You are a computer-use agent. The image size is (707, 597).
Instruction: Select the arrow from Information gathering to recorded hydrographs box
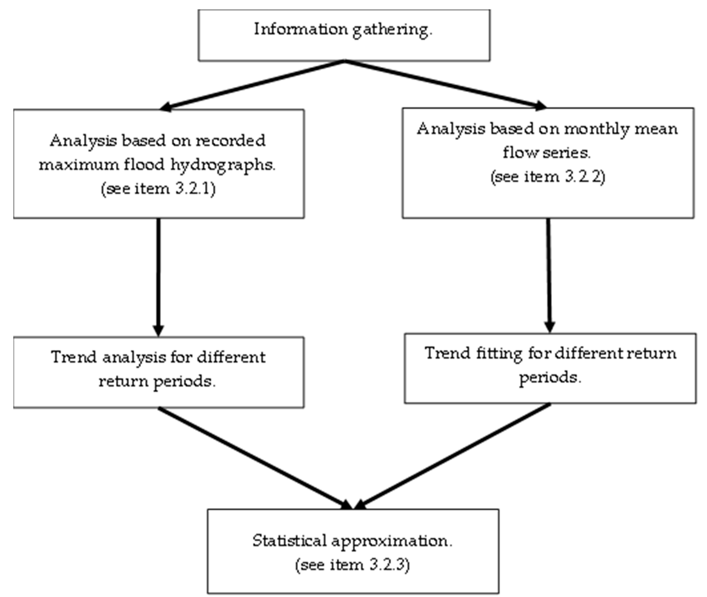252,85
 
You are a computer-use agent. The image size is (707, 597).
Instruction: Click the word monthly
596,129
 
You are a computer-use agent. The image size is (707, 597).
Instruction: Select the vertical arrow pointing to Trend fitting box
549,274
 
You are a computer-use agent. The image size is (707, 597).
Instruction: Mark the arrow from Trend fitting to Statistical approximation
454,455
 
